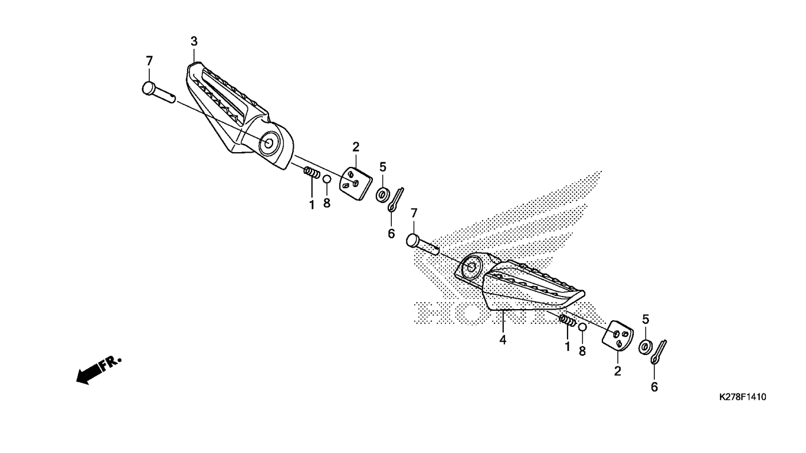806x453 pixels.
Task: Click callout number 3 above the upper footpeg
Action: click(x=194, y=41)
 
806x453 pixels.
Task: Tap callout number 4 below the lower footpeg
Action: click(x=503, y=339)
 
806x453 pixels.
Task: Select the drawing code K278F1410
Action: click(x=742, y=397)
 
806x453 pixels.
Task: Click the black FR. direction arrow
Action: click(x=99, y=370)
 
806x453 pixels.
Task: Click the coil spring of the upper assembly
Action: click(x=312, y=172)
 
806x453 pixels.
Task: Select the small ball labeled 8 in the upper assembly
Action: click(x=327, y=179)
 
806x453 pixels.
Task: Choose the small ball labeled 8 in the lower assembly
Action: click(x=582, y=327)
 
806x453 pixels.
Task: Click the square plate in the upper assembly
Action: click(x=356, y=183)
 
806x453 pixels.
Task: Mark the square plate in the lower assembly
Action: click(x=618, y=336)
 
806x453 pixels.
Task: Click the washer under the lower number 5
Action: click(x=644, y=346)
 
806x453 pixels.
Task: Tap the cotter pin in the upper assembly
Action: click(x=395, y=200)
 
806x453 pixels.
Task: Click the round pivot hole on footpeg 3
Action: click(x=269, y=143)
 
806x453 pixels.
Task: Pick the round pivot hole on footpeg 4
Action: click(x=471, y=267)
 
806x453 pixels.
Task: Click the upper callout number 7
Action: click(x=149, y=61)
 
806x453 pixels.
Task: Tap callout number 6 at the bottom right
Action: click(x=654, y=387)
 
